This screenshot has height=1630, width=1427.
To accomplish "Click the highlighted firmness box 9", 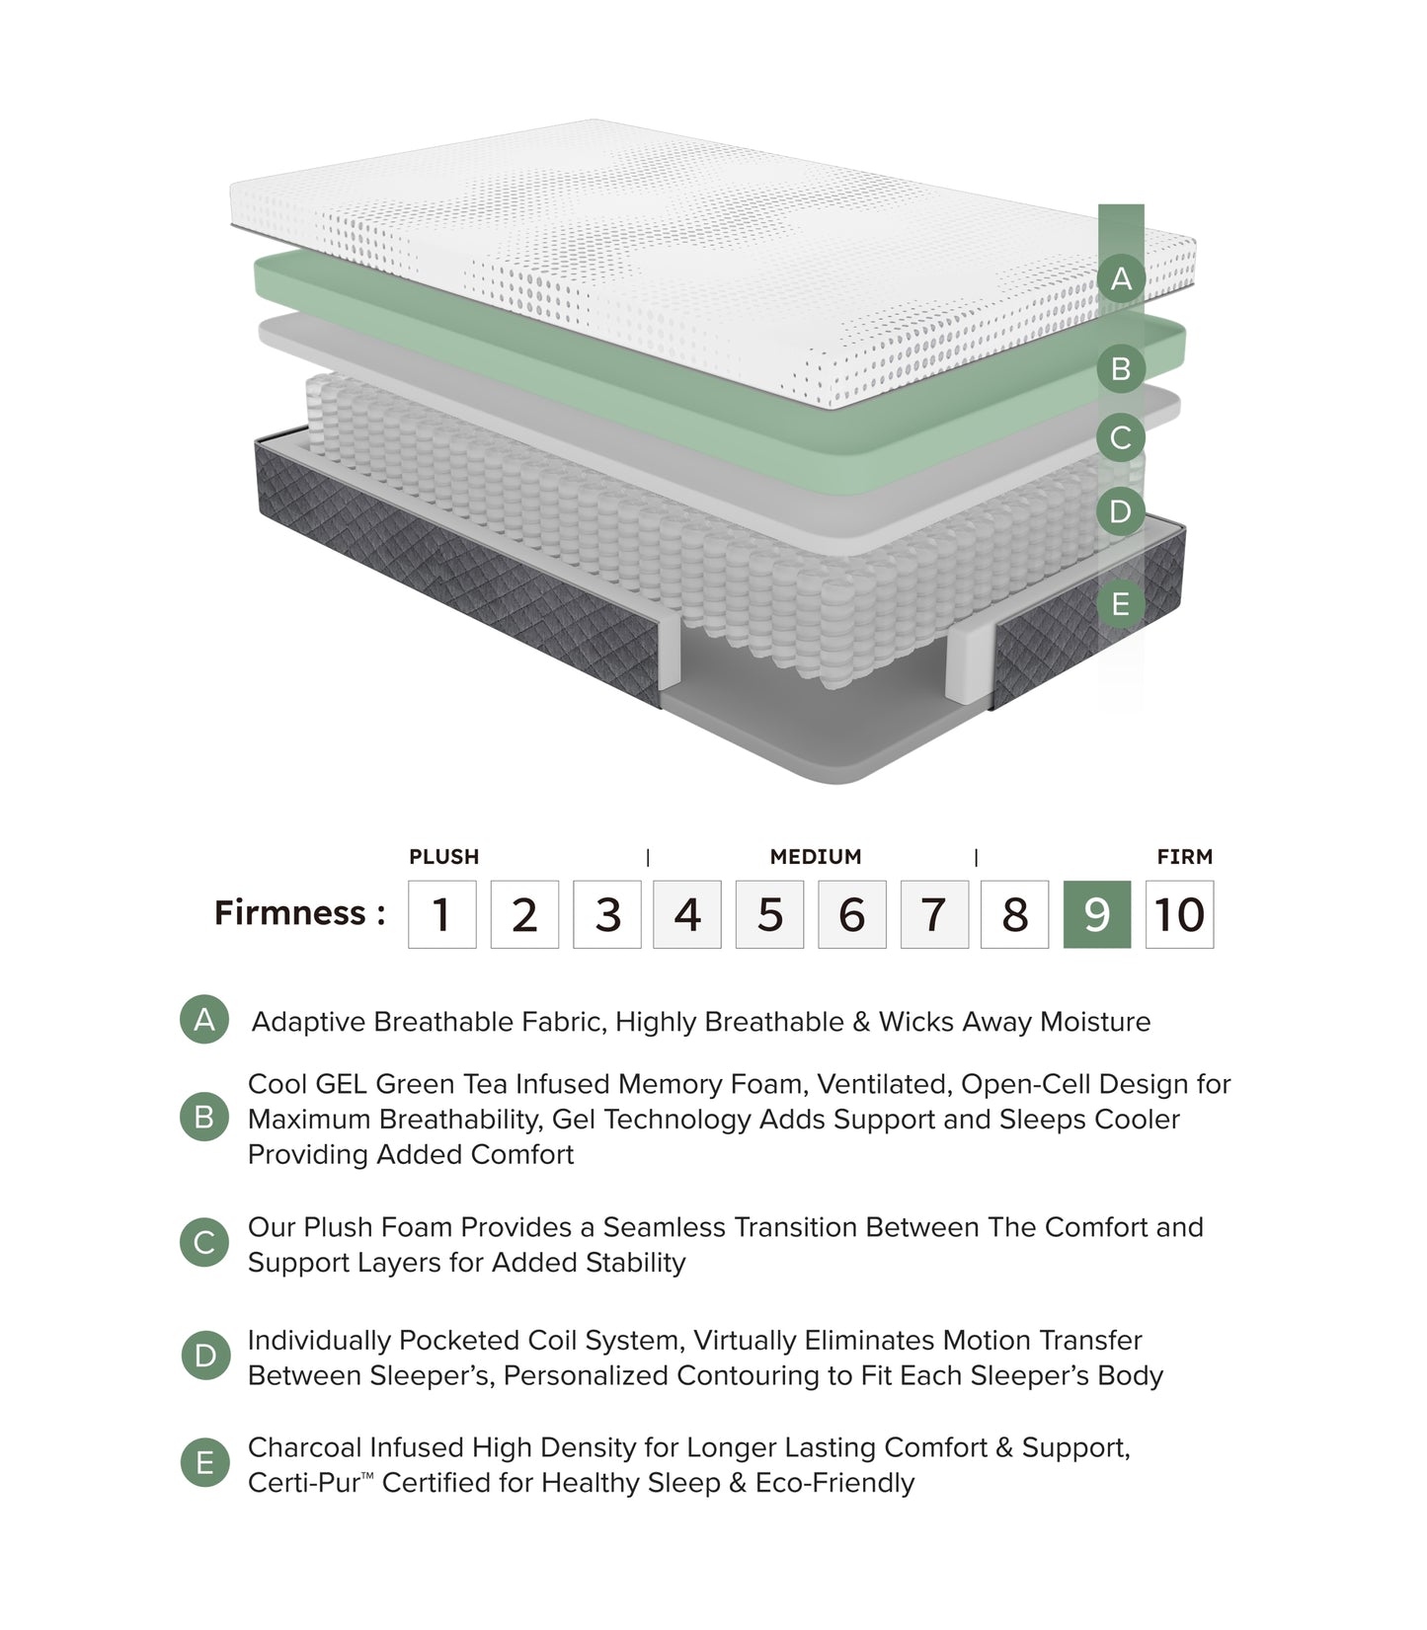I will click(1096, 914).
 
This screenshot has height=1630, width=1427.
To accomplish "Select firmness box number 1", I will click(441, 914).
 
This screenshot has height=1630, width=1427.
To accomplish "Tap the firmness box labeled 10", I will click(1179, 914).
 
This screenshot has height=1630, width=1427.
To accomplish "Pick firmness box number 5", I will click(769, 914).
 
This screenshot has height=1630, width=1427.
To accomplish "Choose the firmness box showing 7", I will click(933, 914).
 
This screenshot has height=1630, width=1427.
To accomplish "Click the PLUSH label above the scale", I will click(443, 857).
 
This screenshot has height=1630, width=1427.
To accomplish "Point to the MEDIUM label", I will click(815, 857).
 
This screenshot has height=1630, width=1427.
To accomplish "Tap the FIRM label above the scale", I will click(1184, 857).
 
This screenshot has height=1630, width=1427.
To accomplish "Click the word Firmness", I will click(290, 912).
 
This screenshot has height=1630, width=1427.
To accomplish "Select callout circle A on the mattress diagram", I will click(1120, 278).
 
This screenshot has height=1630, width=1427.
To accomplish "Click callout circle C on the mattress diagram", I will click(1120, 437).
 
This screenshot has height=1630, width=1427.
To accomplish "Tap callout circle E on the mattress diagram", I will click(1120, 603).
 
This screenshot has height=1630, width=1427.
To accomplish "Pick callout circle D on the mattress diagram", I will click(1120, 511).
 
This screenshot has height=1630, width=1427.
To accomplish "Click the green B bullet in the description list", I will click(204, 1117).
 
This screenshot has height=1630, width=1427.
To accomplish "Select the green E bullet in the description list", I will click(204, 1462).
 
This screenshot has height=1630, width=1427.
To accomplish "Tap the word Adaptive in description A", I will click(308, 1022).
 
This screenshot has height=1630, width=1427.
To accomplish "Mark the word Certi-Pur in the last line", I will click(304, 1483).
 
